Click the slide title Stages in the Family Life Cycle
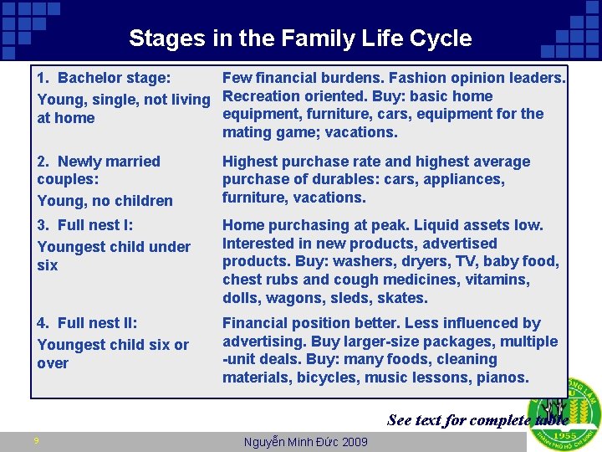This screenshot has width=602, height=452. click(300, 39)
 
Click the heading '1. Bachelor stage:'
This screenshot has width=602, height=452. click(104, 78)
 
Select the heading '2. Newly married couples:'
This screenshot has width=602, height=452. click(99, 170)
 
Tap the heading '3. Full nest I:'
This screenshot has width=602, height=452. click(85, 225)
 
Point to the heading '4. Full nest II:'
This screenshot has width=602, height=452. click(88, 323)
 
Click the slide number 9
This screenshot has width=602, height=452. click(36, 442)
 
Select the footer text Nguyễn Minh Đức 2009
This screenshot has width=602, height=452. click(304, 442)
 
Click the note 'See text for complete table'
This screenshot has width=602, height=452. click(477, 420)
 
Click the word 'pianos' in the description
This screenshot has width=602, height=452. click(503, 378)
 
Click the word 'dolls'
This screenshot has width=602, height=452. click(242, 298)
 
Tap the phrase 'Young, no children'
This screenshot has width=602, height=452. click(105, 201)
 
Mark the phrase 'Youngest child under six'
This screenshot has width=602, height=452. click(114, 255)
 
